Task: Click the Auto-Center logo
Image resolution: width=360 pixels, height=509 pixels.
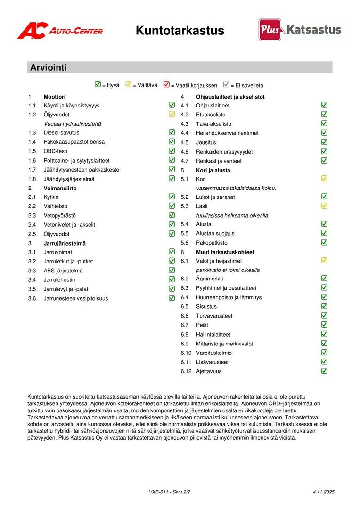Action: pos(60,31)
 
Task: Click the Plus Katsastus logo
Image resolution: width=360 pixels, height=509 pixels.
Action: pos(300,30)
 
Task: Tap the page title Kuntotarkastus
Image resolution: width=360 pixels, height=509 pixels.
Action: pos(180,31)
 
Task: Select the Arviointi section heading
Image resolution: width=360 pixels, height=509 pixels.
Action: pos(49,67)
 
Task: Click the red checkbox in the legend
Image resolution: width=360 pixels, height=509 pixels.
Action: pos(166,85)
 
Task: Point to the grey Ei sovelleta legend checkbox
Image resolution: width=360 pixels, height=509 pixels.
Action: pos(226,85)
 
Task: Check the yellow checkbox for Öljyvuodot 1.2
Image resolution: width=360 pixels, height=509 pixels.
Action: pos(172,114)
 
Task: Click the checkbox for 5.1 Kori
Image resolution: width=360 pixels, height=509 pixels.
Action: pos(324,179)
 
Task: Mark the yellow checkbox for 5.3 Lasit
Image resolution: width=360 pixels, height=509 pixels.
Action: pos(324,206)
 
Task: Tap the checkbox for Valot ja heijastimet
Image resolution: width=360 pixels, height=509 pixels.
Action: pos(324,260)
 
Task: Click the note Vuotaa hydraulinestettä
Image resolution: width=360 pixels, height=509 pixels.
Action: pos(73,124)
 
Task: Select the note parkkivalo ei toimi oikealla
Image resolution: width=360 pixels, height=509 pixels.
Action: pos(228,270)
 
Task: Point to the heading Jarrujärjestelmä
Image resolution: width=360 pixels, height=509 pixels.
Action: pos(65,243)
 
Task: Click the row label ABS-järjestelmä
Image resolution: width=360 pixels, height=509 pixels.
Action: pos(63,271)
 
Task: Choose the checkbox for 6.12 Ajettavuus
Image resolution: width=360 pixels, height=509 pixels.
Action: pos(324,371)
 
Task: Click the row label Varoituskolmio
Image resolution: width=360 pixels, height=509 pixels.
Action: pos(214,353)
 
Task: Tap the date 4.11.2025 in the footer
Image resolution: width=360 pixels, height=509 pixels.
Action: pos(323,492)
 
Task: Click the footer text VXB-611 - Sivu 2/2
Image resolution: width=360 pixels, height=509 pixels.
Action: pos(170,492)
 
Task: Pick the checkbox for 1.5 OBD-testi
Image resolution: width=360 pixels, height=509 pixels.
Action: pos(172,151)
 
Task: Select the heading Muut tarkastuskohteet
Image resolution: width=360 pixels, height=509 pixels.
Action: pos(225,252)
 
